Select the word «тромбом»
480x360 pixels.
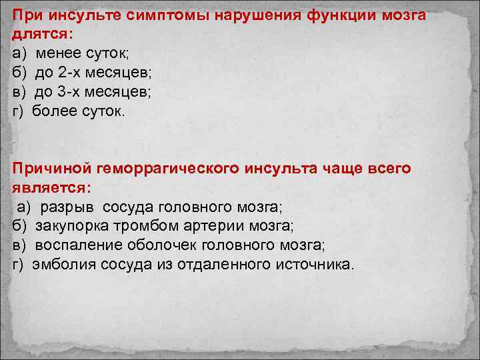tap(142, 227)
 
